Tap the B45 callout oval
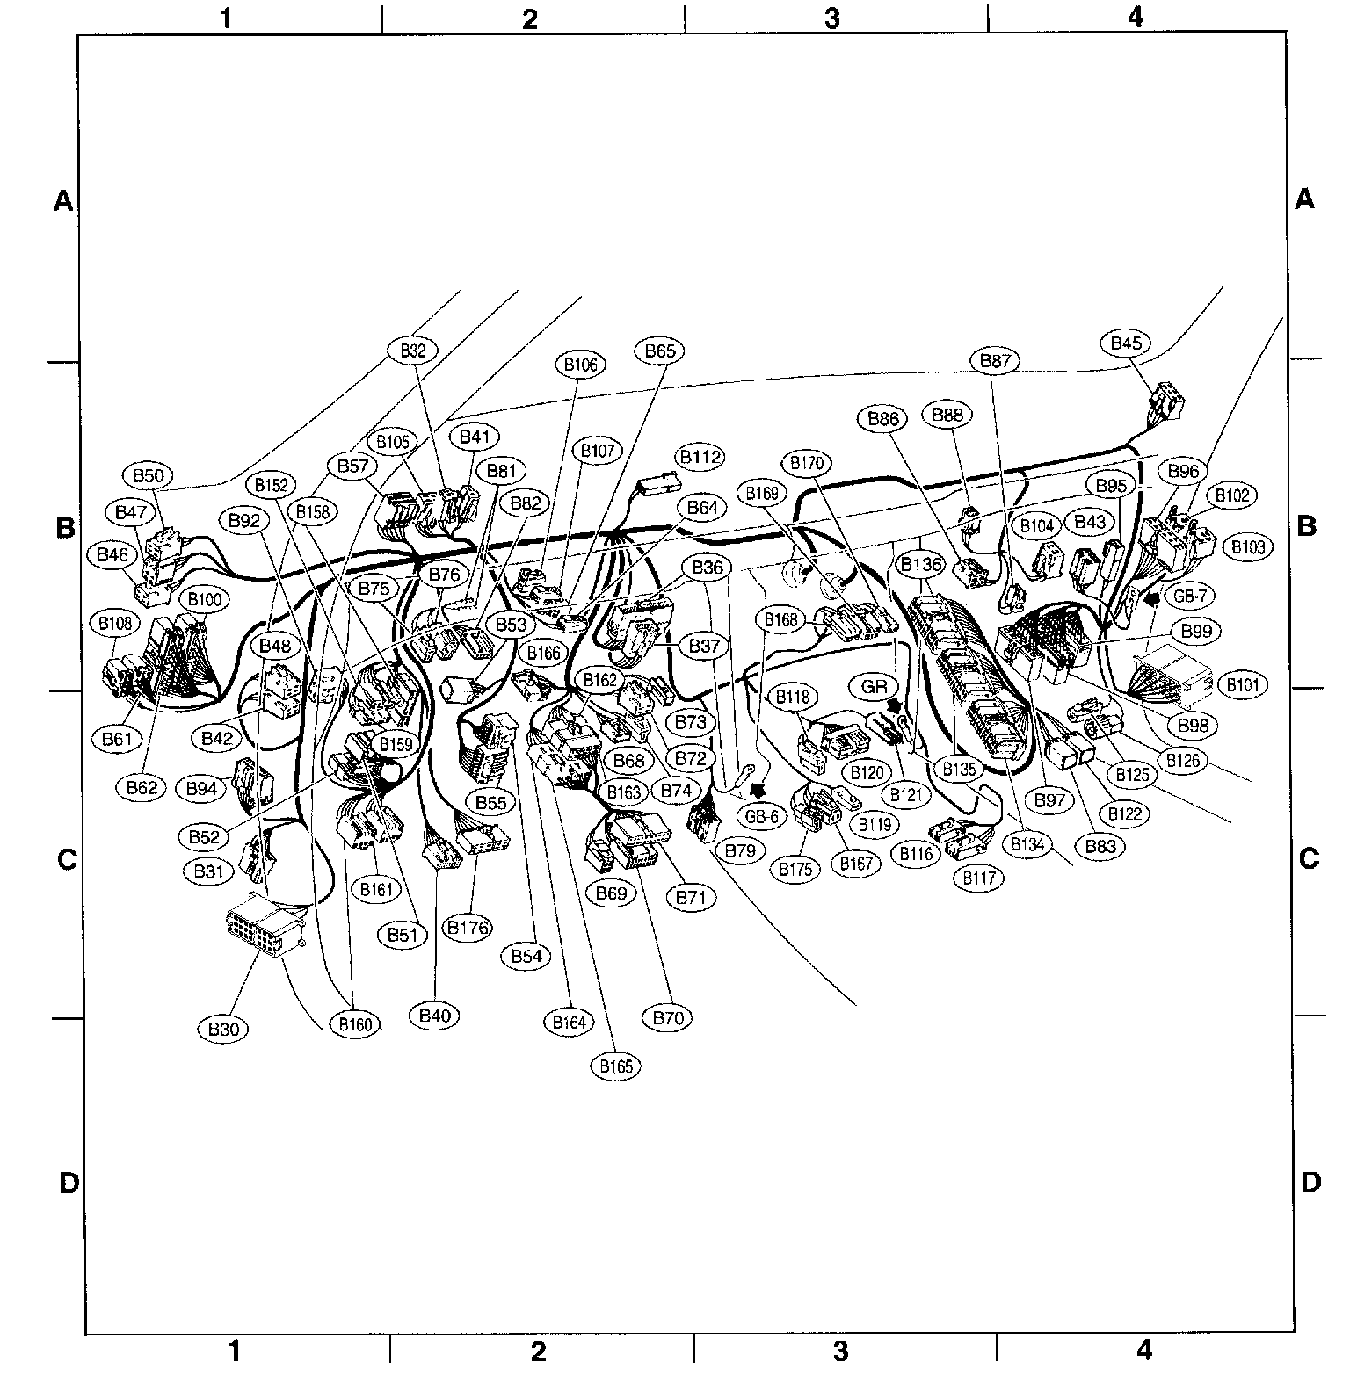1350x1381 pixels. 1126,343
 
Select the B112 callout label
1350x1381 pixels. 700,457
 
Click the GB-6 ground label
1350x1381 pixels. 761,816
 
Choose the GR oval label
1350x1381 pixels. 874,687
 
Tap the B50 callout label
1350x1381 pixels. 149,476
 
